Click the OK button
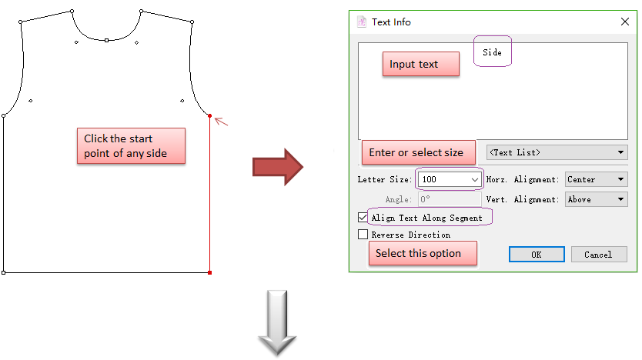point(536,255)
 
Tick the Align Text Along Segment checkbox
point(363,218)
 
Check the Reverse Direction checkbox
point(363,235)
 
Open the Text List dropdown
point(557,152)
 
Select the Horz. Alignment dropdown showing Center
point(596,179)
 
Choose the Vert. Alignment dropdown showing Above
point(596,199)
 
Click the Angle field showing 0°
point(449,199)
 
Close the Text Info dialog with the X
point(625,22)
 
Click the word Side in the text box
point(492,52)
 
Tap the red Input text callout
point(420,65)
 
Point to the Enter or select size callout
point(416,152)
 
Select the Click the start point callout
point(131,146)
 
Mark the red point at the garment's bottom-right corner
point(210,272)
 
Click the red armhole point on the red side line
point(210,116)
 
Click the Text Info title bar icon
point(361,22)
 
